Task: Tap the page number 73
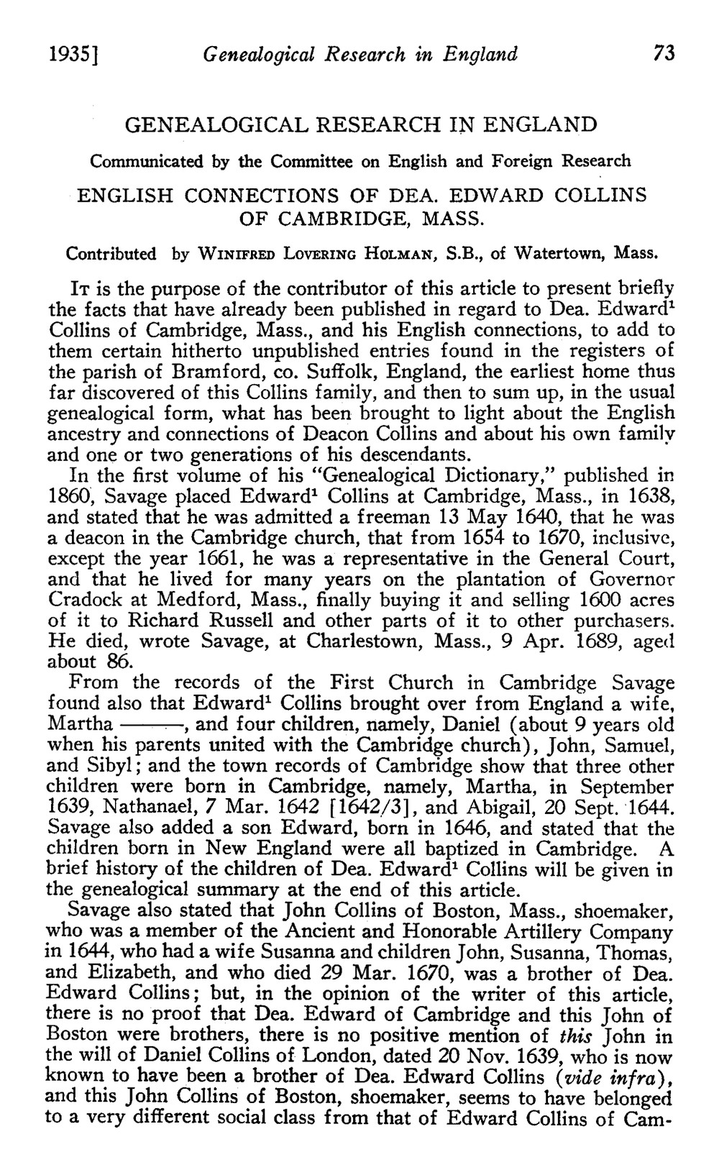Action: (x=660, y=54)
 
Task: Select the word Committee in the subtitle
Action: (x=313, y=161)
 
